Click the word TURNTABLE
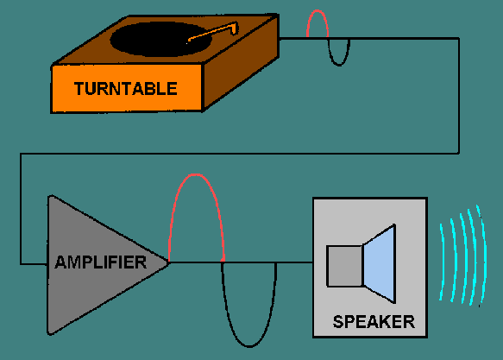click(x=126, y=88)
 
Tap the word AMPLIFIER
click(x=100, y=261)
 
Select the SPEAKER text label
click(x=374, y=323)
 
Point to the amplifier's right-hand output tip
click(x=167, y=261)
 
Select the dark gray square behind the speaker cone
click(x=343, y=266)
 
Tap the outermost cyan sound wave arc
click(x=479, y=250)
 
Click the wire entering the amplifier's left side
click(x=33, y=262)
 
